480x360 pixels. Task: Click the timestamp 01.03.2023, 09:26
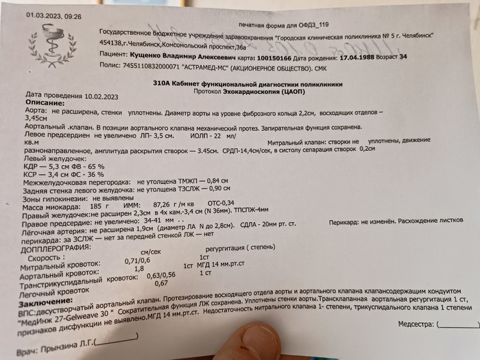pyautogui.click(x=53, y=15)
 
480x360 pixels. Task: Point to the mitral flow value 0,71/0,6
pyautogui.click(x=138, y=261)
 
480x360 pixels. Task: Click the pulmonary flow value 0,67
pyautogui.click(x=162, y=283)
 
